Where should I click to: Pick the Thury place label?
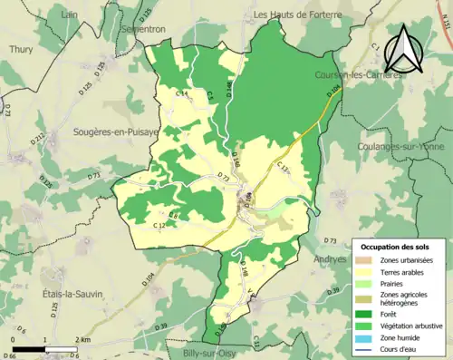point(20,47)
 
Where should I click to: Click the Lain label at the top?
point(68,15)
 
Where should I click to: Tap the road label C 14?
point(181,94)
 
